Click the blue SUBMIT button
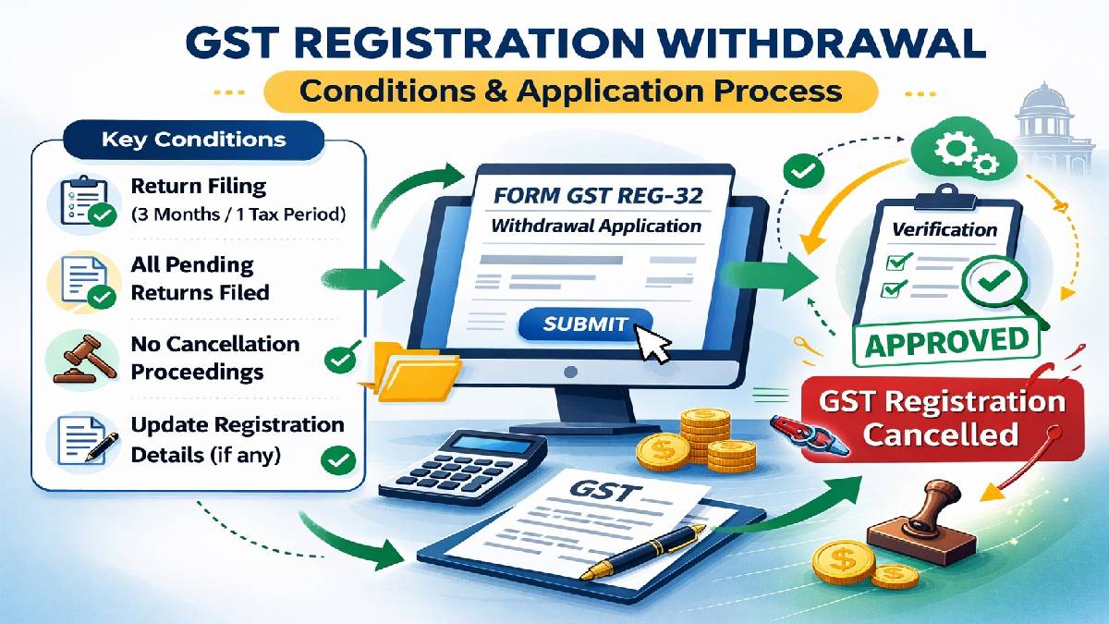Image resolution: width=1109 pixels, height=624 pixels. (x=586, y=324)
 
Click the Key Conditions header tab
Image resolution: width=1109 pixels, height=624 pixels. (x=194, y=141)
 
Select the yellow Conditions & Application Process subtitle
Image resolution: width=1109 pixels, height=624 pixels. (x=570, y=92)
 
